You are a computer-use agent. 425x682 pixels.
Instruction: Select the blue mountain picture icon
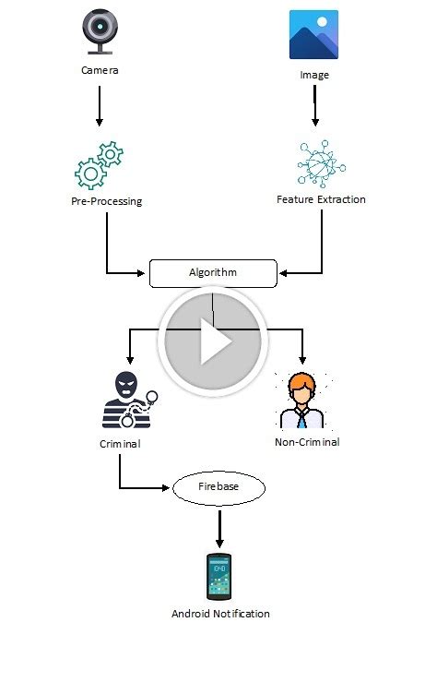click(313, 35)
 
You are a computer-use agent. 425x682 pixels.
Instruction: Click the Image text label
click(314, 75)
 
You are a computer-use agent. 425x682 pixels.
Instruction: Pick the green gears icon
click(99, 165)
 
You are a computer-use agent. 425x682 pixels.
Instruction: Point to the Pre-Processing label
click(106, 201)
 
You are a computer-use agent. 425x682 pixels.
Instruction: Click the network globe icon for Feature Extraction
click(321, 163)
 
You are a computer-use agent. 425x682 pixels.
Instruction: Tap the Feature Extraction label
click(321, 199)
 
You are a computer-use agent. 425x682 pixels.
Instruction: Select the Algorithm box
click(213, 273)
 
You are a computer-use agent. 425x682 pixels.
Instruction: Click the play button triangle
click(214, 342)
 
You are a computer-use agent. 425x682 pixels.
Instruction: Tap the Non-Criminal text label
click(307, 442)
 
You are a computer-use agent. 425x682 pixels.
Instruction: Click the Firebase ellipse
click(219, 487)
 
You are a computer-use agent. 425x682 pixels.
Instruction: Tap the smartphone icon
click(219, 577)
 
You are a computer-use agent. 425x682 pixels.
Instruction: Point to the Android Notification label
click(220, 614)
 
